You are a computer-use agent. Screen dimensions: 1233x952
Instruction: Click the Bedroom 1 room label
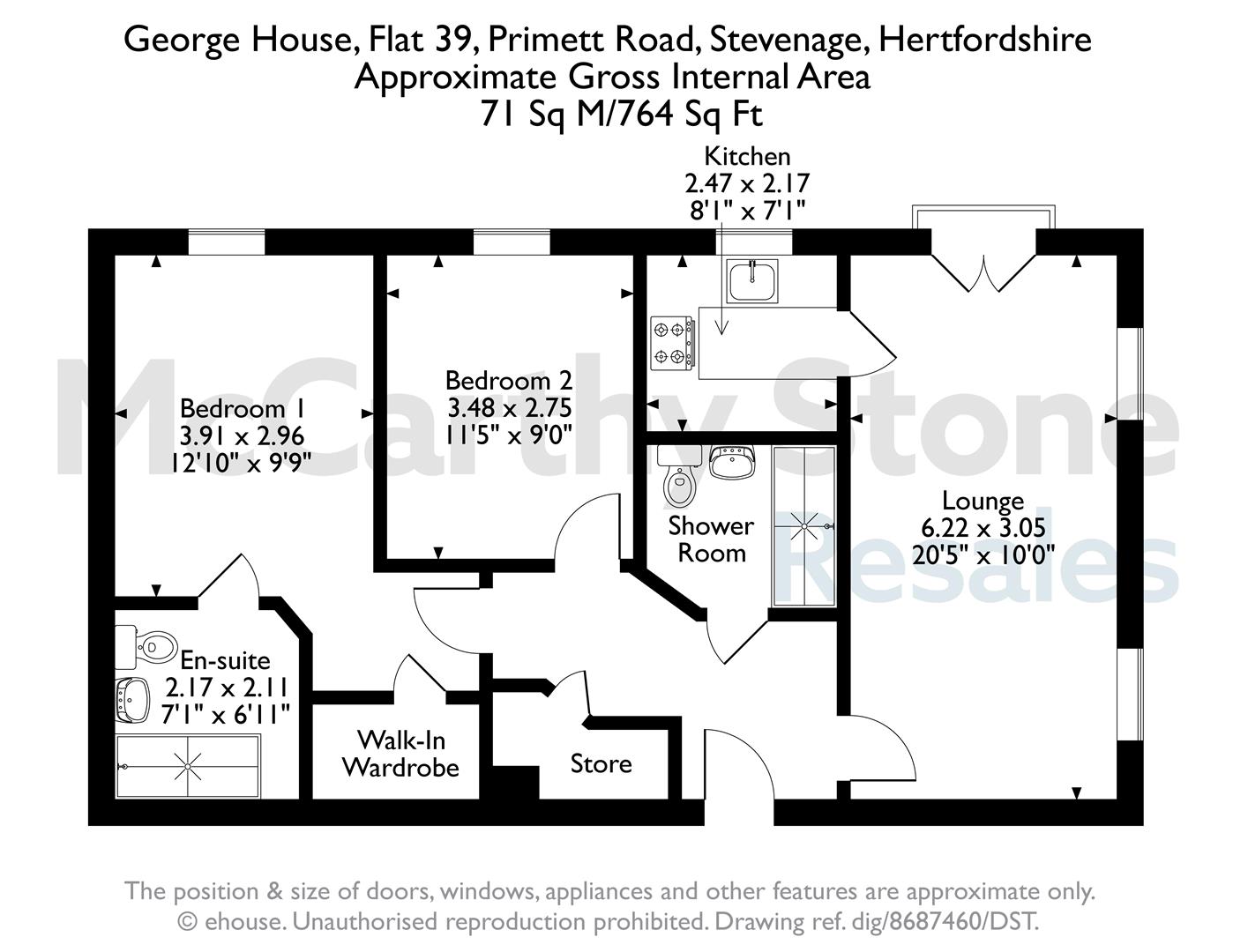click(x=243, y=409)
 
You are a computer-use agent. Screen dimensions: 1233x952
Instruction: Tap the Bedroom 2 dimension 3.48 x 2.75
click(x=509, y=407)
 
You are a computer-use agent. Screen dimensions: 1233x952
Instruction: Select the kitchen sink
click(x=752, y=281)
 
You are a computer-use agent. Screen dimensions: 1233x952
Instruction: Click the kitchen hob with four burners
click(x=672, y=343)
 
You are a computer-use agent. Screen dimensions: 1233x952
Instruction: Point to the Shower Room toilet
click(x=677, y=477)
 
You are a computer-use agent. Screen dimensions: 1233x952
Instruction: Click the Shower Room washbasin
click(x=733, y=461)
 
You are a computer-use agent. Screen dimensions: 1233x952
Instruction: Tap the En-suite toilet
click(x=146, y=646)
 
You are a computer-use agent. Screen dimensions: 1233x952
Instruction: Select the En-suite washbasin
click(x=133, y=700)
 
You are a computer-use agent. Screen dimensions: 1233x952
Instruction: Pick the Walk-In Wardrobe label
click(x=400, y=754)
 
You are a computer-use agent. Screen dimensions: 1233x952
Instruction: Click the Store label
click(x=601, y=763)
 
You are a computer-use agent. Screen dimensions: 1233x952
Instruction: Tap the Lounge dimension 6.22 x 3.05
click(x=983, y=528)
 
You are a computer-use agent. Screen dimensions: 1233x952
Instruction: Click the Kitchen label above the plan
click(x=747, y=157)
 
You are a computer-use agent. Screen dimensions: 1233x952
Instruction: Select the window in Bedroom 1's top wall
click(x=227, y=242)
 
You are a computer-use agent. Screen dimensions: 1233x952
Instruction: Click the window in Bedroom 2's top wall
click(x=512, y=242)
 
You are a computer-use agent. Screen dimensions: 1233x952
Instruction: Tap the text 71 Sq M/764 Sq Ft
click(x=621, y=115)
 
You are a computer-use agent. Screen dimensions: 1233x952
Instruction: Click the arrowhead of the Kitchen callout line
click(x=721, y=328)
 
